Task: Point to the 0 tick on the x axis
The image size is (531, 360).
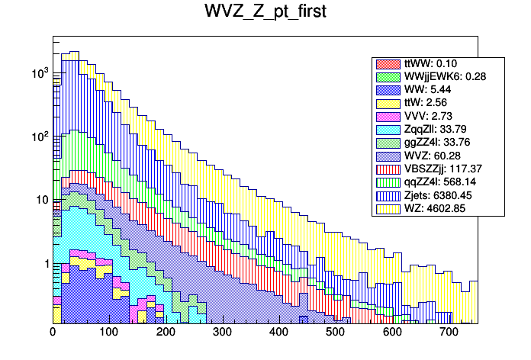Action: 53,333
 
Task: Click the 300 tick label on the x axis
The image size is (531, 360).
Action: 222,333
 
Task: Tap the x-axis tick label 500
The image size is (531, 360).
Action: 335,333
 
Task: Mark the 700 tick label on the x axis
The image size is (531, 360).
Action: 448,333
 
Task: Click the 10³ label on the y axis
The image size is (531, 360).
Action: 40,74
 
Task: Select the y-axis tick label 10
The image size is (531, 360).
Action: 41,201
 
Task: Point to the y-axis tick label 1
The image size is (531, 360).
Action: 45,264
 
